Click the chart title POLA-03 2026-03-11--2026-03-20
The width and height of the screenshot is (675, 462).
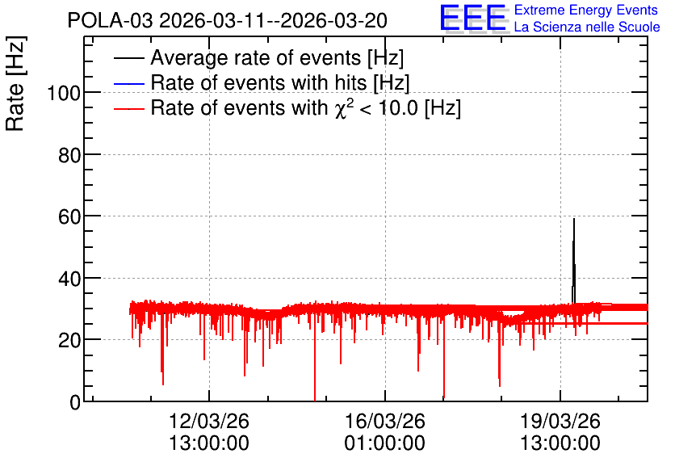point(228,20)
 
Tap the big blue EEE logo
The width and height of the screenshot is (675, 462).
point(472,18)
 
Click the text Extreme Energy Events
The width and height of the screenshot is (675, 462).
point(585,10)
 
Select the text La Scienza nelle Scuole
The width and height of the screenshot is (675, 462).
point(587,27)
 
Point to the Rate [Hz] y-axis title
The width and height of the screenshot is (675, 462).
point(15,83)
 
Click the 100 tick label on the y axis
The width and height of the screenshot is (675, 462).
point(64,93)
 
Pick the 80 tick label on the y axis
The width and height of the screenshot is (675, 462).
point(69,155)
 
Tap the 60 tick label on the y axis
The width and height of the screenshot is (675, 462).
point(69,216)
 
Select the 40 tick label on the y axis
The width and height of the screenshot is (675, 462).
point(69,279)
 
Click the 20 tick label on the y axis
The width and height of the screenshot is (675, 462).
point(69,341)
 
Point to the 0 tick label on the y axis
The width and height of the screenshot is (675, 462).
point(75,402)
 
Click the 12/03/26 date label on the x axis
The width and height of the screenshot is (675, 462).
point(209,421)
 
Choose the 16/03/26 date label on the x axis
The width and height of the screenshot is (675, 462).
point(385,421)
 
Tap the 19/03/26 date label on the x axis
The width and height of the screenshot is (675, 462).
point(560,421)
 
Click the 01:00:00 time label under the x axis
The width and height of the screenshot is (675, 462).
point(385,443)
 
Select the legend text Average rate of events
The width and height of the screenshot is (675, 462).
point(256,57)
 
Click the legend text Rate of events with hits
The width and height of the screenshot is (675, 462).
point(258,82)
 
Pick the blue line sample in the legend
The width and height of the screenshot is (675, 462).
point(129,83)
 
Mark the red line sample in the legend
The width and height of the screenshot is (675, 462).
point(129,109)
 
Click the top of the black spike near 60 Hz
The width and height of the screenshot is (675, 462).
point(574,219)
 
